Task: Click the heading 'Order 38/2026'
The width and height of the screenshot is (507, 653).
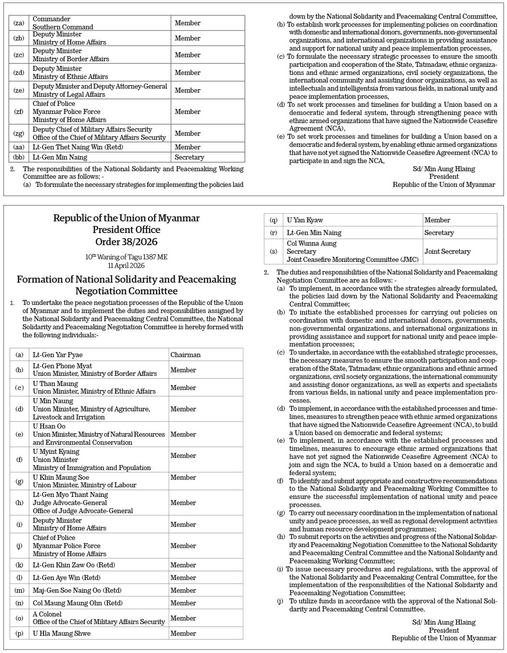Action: point(126,242)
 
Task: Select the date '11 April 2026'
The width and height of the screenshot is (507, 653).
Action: point(126,265)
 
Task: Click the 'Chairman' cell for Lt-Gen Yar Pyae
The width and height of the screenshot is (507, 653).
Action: point(185,355)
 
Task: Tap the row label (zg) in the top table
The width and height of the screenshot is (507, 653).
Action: point(19,134)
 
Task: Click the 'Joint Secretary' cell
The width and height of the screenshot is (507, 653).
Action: point(447,251)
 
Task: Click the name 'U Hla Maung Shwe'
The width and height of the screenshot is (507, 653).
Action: point(61,633)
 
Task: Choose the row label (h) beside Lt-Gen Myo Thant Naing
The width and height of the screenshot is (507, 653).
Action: point(19,503)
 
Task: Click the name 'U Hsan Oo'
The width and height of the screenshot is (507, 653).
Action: point(49,426)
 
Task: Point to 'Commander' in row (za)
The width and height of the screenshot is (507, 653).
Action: point(51,19)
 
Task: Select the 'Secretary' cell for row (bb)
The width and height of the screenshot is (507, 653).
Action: point(189,157)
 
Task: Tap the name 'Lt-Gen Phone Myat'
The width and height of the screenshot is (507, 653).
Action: point(62,366)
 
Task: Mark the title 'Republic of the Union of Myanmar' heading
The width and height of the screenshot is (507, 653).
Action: point(126,218)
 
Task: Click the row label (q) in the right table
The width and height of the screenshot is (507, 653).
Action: point(273,220)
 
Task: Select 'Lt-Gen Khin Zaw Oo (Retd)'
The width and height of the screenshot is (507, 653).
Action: point(74,565)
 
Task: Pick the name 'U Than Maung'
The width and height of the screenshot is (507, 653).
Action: point(55,383)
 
